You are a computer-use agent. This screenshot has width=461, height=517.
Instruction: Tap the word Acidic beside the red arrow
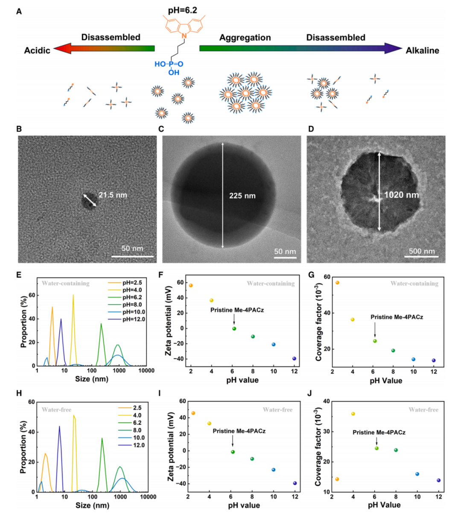[x=37, y=50]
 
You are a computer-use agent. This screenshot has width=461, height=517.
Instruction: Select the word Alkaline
[x=422, y=50]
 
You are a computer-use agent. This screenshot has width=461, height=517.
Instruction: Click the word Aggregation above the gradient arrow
[x=245, y=38]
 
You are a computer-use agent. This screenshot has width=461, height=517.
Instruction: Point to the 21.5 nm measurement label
[x=113, y=195]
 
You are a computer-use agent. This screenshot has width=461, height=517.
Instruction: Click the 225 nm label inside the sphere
[x=242, y=196]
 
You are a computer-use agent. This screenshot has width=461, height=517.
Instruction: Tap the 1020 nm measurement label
[x=401, y=195]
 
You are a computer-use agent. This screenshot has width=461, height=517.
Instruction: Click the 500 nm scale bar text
[x=422, y=251]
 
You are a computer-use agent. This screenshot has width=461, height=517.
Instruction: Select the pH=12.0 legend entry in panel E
[x=134, y=319]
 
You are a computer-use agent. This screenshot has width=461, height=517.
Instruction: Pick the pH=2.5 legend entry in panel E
[x=132, y=283]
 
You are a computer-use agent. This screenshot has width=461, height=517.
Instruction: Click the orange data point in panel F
[x=191, y=285]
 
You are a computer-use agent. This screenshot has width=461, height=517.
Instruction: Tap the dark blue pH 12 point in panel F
[x=294, y=359]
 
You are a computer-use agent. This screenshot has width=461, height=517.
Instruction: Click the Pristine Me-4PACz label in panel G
[x=397, y=317]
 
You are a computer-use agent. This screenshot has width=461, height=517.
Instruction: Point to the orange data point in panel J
[x=337, y=479]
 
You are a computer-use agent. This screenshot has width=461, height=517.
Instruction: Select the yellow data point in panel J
[x=353, y=414]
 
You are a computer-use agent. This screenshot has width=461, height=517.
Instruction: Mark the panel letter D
[x=311, y=129]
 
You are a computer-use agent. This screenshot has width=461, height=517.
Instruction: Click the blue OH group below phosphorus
[x=173, y=73]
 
